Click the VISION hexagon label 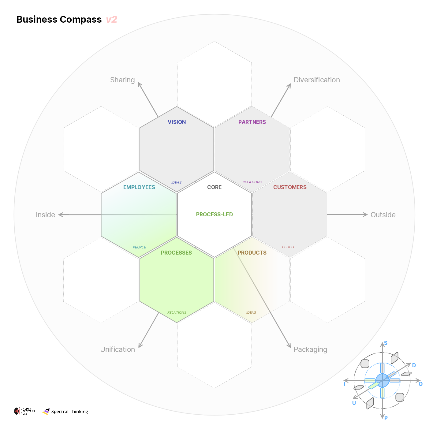pyautogui.click(x=177, y=122)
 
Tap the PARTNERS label pyautogui.click(x=252, y=122)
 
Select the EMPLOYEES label pyautogui.click(x=139, y=187)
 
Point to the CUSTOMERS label pyautogui.click(x=290, y=187)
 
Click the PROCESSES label pyautogui.click(x=176, y=253)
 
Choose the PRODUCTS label pyautogui.click(x=252, y=253)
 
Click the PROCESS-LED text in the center pyautogui.click(x=214, y=214)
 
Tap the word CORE pyautogui.click(x=214, y=187)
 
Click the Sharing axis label pyautogui.click(x=122, y=80)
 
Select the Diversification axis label pyautogui.click(x=317, y=80)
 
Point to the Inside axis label pyautogui.click(x=45, y=215)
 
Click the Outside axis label pyautogui.click(x=383, y=215)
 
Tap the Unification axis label pyautogui.click(x=118, y=349)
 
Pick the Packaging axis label pyautogui.click(x=310, y=349)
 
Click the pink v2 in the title pyautogui.click(x=112, y=20)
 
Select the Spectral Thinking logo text pyautogui.click(x=69, y=412)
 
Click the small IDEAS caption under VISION pyautogui.click(x=176, y=182)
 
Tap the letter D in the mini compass pyautogui.click(x=414, y=365)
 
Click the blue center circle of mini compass pyautogui.click(x=382, y=380)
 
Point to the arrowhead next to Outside pyautogui.click(x=365, y=214)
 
